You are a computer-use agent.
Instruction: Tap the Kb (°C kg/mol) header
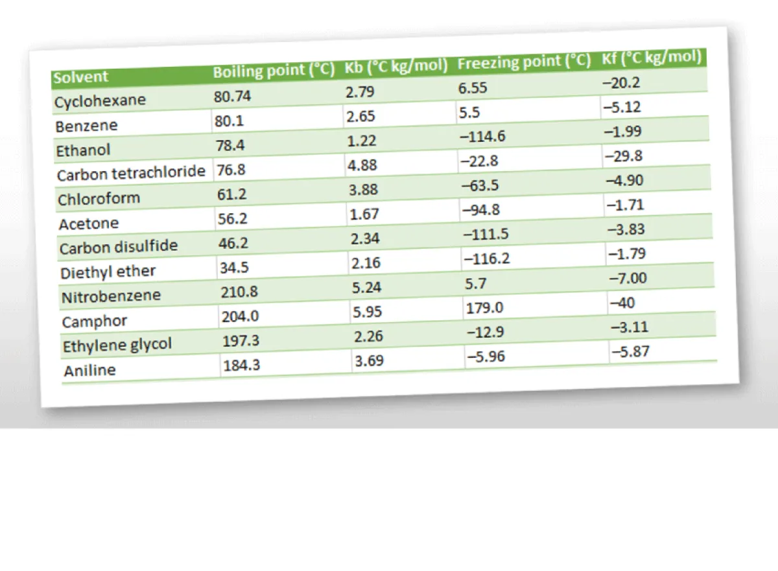point(396,66)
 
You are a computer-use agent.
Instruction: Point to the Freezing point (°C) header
point(524,62)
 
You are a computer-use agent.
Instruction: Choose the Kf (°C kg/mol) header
point(651,58)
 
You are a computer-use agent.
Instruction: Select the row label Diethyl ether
point(108,272)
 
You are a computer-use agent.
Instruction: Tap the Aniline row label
point(90,371)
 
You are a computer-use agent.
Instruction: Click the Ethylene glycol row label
point(117,345)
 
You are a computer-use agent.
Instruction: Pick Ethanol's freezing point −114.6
point(482,137)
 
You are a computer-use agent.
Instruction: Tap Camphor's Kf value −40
point(622,303)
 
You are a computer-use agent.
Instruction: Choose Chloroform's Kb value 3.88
point(363,190)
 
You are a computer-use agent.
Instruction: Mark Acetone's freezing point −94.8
point(481,210)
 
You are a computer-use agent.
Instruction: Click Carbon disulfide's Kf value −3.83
point(627,229)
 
